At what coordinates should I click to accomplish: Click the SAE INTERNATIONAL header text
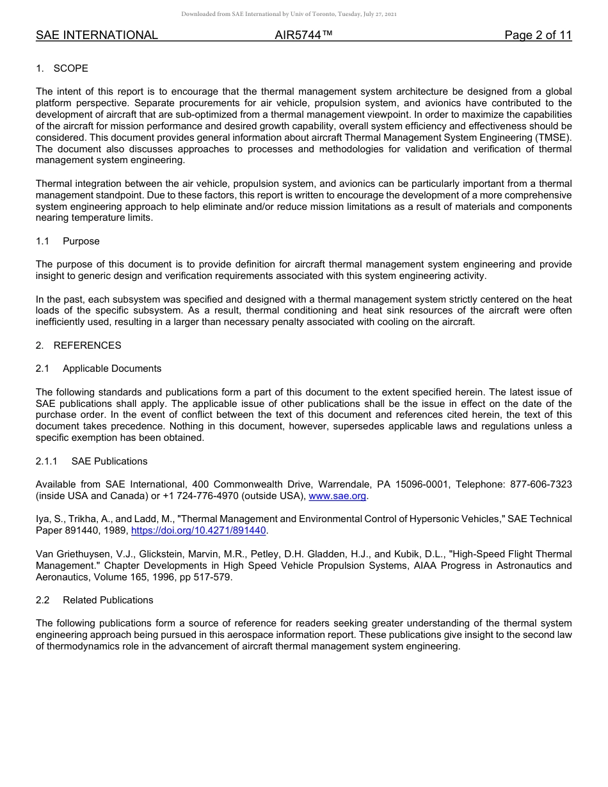pos(97,35)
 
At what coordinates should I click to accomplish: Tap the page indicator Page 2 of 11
pos(538,35)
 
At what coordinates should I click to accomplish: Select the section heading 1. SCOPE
pos(62,68)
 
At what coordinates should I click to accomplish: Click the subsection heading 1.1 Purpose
pos(68,241)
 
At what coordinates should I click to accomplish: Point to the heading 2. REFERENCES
pos(78,346)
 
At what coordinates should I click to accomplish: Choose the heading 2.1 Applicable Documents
pos(99,369)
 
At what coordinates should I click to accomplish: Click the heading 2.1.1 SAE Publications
pos(92,461)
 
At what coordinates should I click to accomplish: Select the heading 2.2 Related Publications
pos(95,600)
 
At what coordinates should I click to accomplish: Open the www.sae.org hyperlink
pos(337,496)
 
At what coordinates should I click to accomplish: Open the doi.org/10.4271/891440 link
pos(198,530)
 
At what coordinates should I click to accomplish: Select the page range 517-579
pos(214,577)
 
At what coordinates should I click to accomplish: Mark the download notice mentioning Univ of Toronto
pos(289,14)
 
